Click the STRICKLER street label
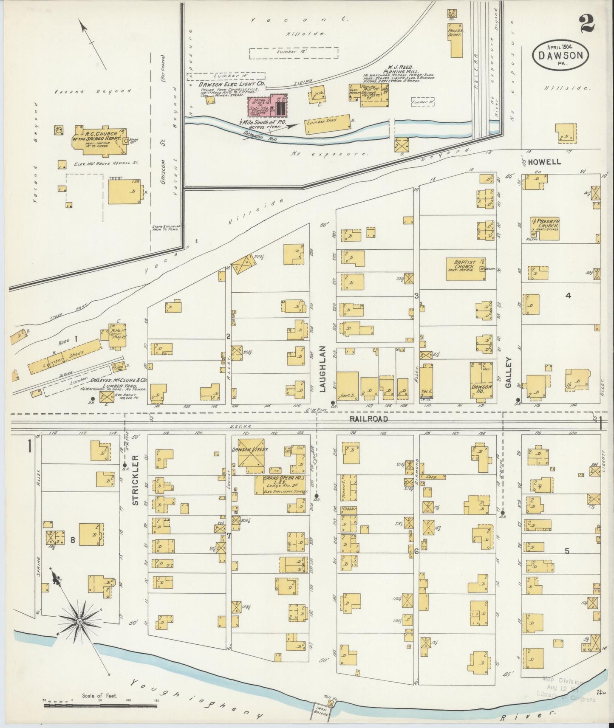click(x=135, y=480)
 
